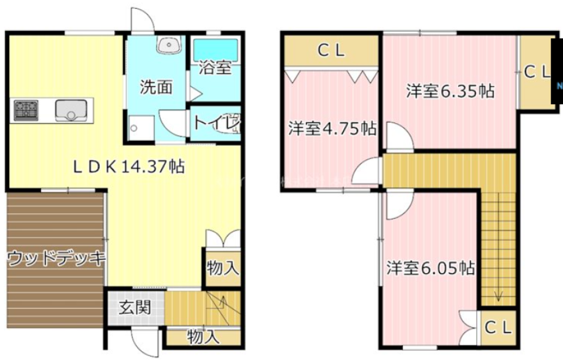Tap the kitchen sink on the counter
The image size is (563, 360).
71,110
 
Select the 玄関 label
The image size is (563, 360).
135,308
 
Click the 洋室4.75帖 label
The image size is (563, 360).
331,128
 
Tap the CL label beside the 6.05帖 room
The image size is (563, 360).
498,328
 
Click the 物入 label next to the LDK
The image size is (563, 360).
223,269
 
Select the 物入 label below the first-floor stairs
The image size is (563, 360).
203,337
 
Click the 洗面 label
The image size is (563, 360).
155,87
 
